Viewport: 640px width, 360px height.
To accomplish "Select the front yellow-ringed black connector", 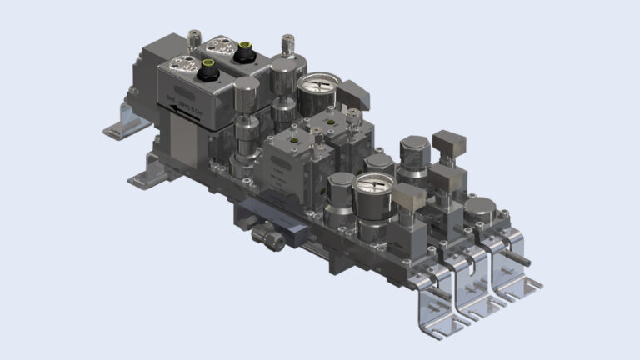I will click(208, 65).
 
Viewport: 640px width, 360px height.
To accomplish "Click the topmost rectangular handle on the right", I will click(451, 142).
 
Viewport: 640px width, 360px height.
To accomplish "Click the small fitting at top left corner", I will click(192, 37).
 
